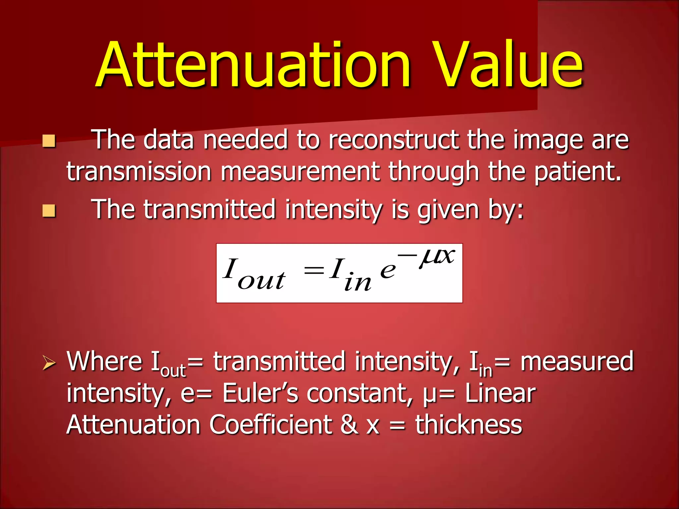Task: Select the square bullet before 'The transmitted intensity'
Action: (x=49, y=210)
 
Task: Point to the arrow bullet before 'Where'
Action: (x=49, y=363)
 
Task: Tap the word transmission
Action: (x=139, y=172)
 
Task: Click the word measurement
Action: (x=300, y=172)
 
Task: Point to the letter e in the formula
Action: (x=388, y=270)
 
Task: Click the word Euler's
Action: (x=260, y=393)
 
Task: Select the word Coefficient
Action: (x=270, y=425)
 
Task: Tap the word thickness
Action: (x=468, y=425)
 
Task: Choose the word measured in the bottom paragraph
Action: (x=577, y=361)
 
